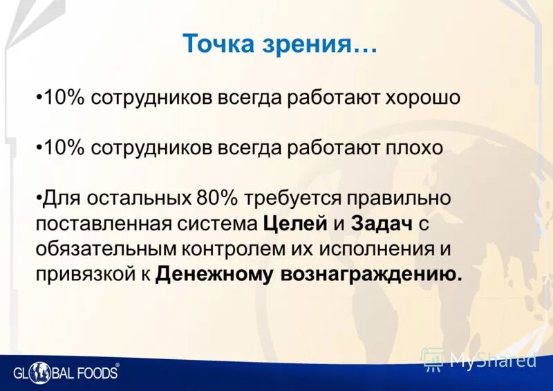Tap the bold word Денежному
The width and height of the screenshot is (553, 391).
click(x=216, y=274)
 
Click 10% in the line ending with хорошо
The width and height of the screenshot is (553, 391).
click(x=64, y=98)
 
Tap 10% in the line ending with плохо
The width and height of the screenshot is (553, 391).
click(x=64, y=147)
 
